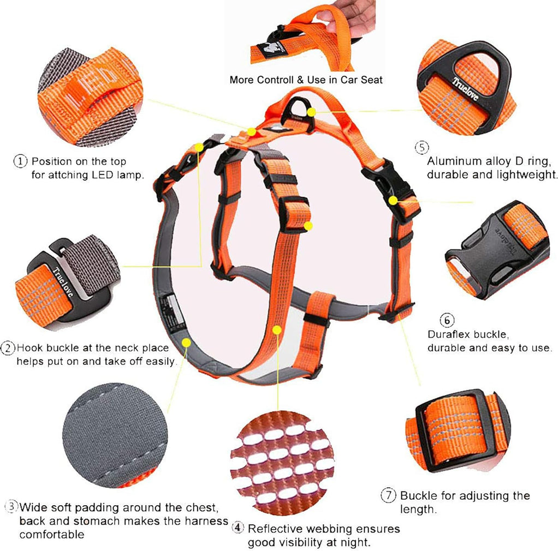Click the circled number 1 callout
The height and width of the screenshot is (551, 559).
[x=20, y=161]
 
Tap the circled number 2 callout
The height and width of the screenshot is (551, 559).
[x=8, y=348]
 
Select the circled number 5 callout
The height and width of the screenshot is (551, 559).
[x=421, y=147]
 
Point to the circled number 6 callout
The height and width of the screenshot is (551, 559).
[x=447, y=320]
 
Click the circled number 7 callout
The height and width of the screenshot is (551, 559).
[x=388, y=496]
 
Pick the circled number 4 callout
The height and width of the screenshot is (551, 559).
[x=237, y=528]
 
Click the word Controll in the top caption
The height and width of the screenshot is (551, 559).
[x=275, y=80]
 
